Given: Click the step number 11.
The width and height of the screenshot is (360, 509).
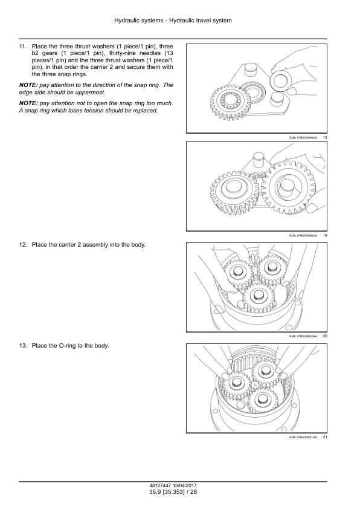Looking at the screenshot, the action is [x=22, y=47].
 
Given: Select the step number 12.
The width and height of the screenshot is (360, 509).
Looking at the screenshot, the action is [x=22, y=245].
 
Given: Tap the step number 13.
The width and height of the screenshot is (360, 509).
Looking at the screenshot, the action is [x=22, y=346].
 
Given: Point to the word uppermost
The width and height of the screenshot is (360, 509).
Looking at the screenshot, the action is [x=92, y=92].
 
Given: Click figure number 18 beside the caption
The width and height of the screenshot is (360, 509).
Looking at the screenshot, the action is [x=325, y=138].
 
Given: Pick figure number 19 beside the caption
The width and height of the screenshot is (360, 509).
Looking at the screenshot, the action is [x=325, y=236].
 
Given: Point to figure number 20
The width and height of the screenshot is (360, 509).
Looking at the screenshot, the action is [x=325, y=336].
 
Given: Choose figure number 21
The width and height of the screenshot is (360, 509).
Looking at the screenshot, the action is [x=325, y=437].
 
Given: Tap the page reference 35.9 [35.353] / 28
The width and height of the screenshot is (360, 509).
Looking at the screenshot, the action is [x=173, y=492].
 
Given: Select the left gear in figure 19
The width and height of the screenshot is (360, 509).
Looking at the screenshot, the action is [x=234, y=192].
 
